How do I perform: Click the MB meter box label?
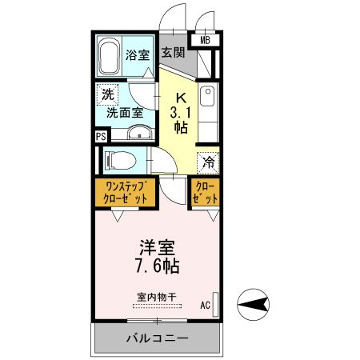click(205, 38)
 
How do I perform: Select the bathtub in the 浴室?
click(110, 55)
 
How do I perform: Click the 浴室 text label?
click(138, 55)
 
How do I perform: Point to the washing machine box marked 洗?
click(107, 94)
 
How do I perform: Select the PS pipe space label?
click(101, 136)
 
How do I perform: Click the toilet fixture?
click(120, 158)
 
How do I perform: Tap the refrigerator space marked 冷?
click(207, 161)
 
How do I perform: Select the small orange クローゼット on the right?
click(204, 192)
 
